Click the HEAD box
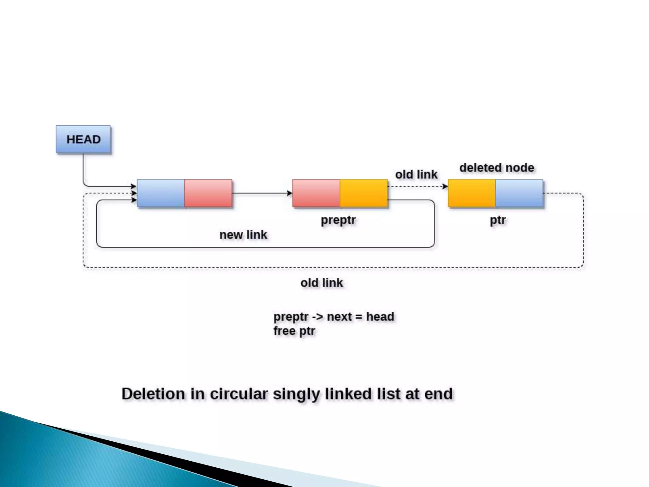pos(83,140)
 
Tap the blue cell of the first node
pos(161,193)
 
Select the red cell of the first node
pos(208,193)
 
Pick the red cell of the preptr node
pos(316,193)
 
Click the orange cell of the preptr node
pos(364,193)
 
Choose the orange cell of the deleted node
pos(472,193)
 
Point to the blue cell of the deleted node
pos(519,193)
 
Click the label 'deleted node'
pos(497,168)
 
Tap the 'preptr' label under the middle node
pos(338,220)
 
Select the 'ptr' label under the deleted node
pos(498,220)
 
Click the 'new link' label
pos(243,235)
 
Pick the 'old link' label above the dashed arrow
pos(416,174)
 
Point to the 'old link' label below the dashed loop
pos(322,283)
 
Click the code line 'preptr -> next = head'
pos(334,316)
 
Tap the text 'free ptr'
pos(294,331)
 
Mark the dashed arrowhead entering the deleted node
pos(446,186)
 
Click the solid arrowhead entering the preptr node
pos(290,193)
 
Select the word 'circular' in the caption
pos(239,394)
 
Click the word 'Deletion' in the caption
pos(153,394)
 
